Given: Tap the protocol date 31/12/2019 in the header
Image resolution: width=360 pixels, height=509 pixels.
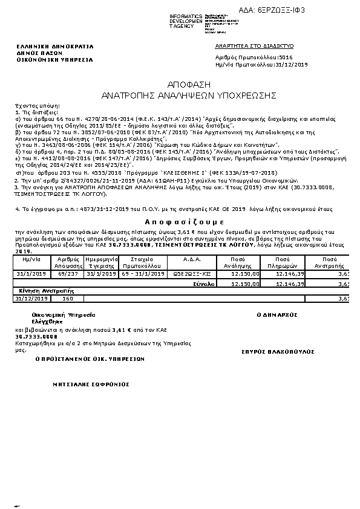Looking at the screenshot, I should [x=292, y=63].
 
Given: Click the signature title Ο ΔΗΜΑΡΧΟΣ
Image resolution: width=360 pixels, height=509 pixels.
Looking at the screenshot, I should [x=276, y=315].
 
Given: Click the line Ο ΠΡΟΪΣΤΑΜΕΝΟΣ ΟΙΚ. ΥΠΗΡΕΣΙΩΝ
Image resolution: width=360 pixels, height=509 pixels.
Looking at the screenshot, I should [x=90, y=358].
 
